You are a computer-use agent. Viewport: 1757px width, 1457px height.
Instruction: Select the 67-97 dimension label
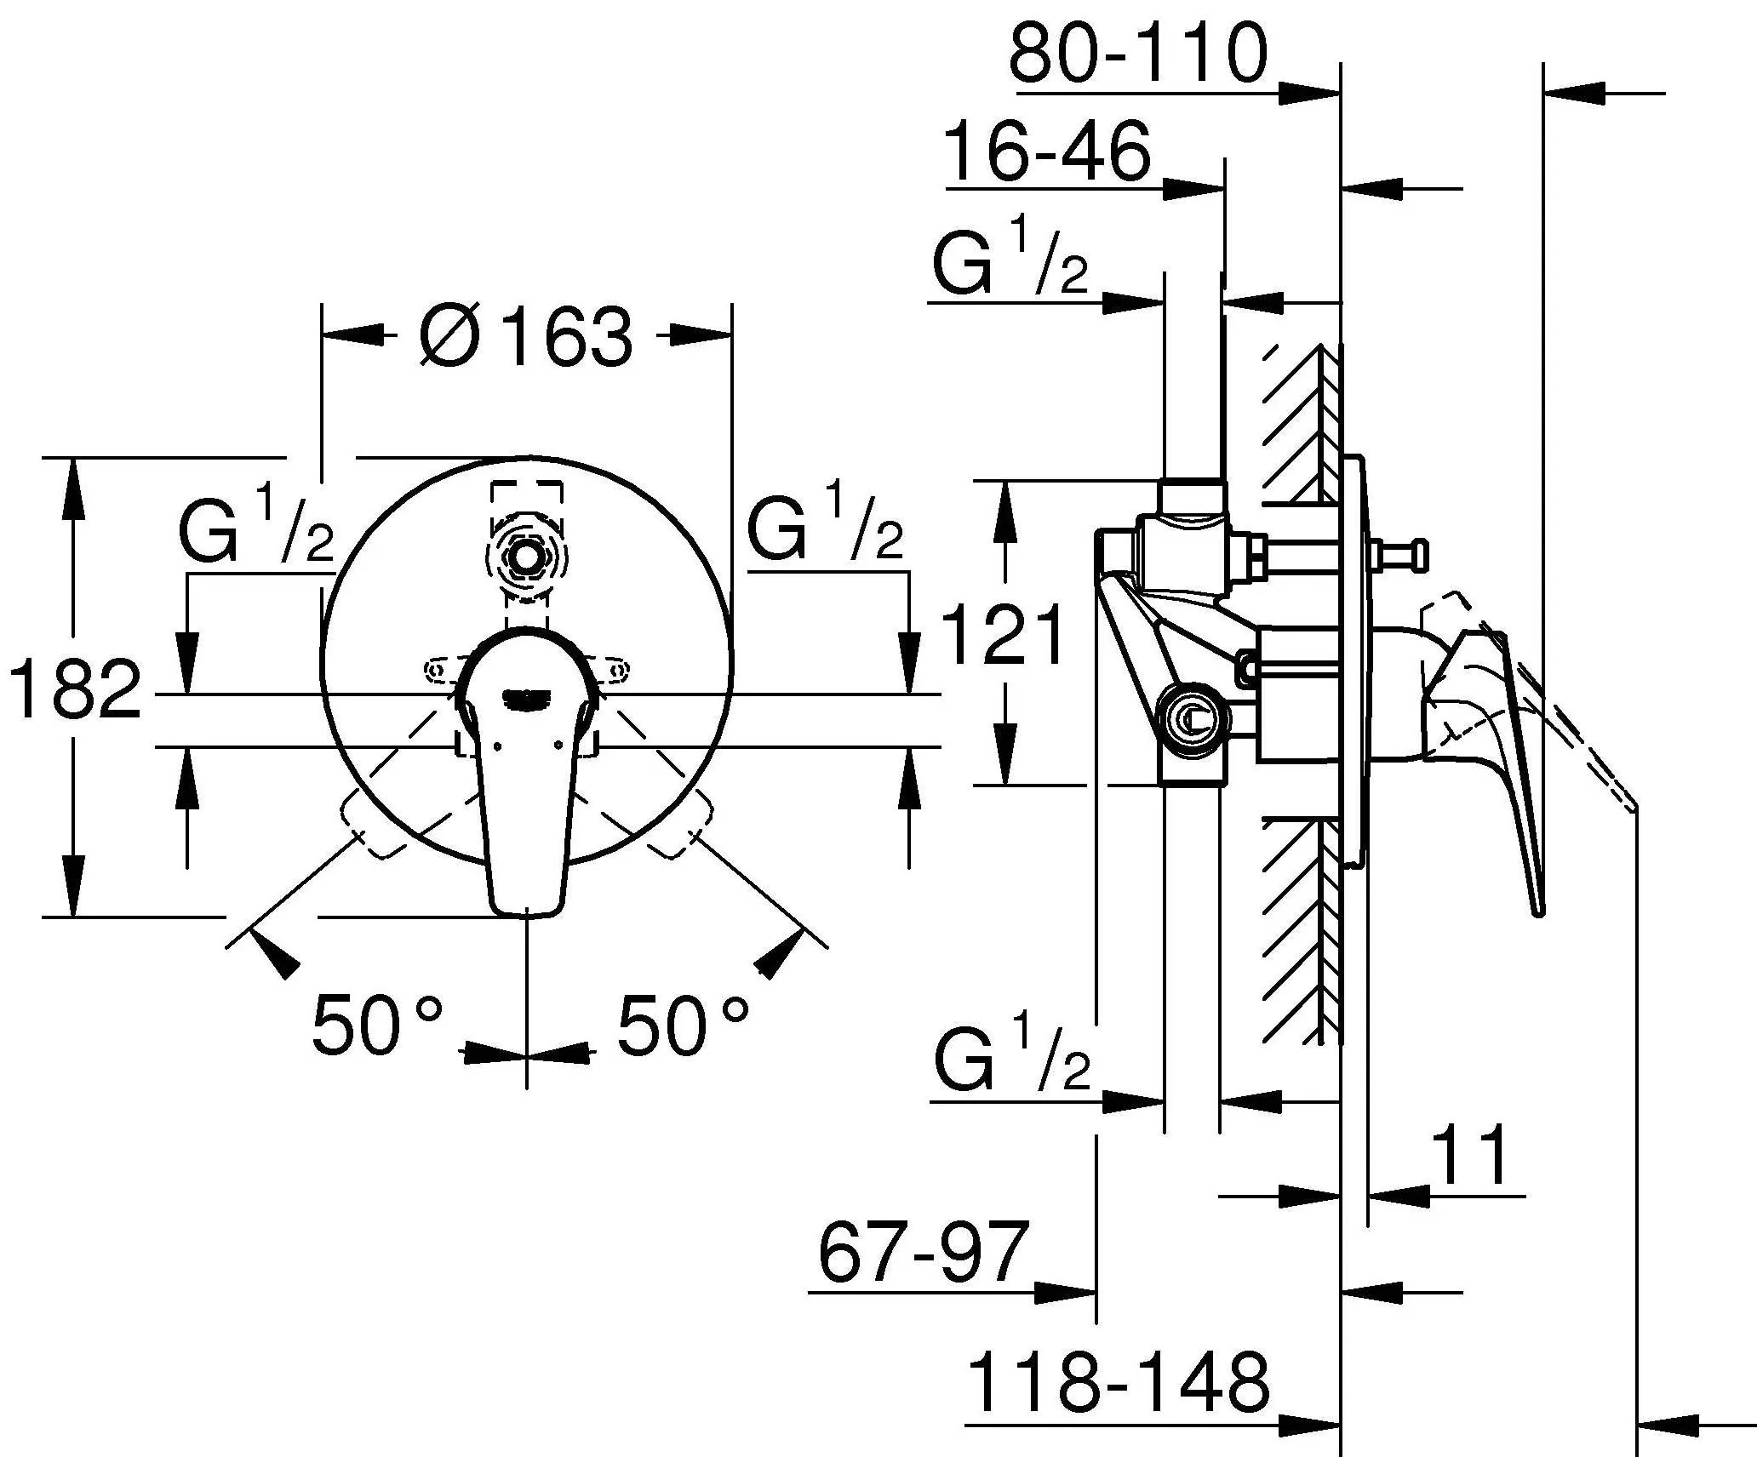923,1252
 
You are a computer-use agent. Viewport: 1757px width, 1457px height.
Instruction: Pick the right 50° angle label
683,1025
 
